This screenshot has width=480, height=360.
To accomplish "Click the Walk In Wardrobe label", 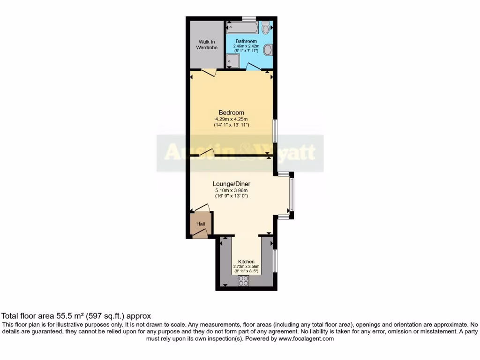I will [206, 45].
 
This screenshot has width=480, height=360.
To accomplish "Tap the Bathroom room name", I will [246, 41].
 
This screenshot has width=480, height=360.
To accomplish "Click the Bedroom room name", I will [231, 112].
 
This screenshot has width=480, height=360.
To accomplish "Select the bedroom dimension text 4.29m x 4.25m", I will [231, 119].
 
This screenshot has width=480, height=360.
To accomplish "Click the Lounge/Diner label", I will [231, 184].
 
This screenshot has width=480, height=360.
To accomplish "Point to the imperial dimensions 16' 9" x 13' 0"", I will [231, 196].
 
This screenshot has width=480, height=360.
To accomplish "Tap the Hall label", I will [201, 224].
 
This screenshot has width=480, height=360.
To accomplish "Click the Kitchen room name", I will [246, 262].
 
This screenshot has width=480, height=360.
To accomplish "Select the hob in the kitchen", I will [244, 281].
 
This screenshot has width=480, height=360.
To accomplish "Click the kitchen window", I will [275, 261].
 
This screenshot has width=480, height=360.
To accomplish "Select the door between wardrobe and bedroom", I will [209, 72].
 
